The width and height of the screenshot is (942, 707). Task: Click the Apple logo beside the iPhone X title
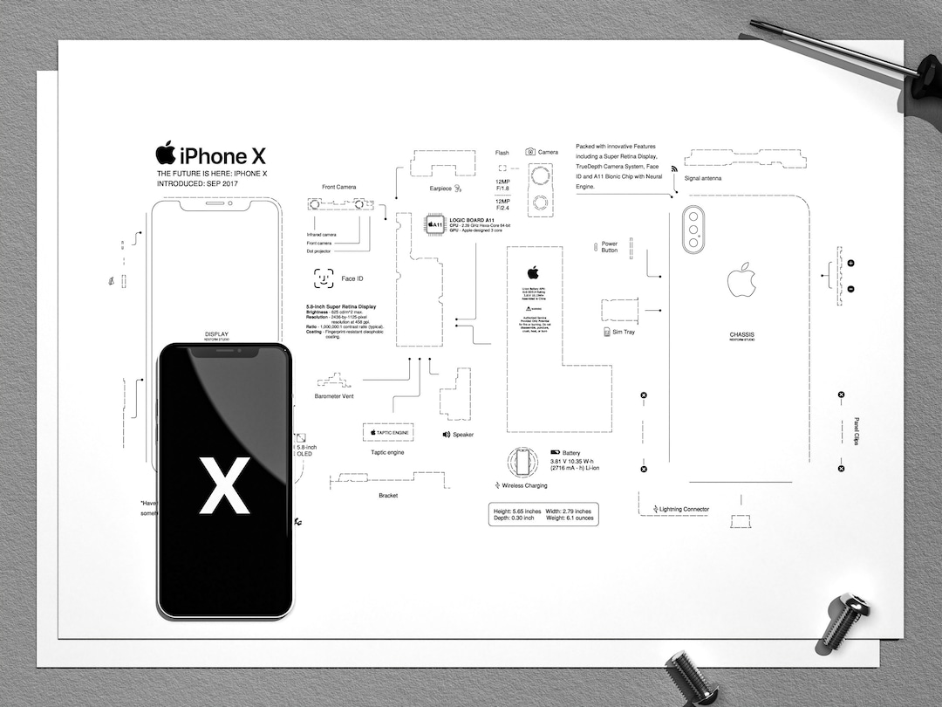coord(166,154)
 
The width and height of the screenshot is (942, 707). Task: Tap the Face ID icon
coord(324,278)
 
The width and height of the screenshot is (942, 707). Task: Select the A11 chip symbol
coord(433,224)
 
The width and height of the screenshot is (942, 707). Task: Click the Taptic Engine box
coord(387,432)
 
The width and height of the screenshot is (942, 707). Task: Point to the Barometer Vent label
coord(334,396)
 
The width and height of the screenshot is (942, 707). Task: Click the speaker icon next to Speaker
coord(446,435)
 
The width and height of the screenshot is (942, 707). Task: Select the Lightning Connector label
coord(684,509)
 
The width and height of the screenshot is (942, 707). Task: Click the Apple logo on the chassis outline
coord(741,279)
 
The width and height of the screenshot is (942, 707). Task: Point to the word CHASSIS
coord(742,334)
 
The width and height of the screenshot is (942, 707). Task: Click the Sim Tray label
coord(623,332)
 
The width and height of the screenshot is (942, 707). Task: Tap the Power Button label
coord(610,247)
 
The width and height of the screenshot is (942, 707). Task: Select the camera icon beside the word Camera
coord(529,152)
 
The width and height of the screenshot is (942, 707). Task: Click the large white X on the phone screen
coord(224,485)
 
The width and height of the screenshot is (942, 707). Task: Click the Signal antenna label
coord(703,178)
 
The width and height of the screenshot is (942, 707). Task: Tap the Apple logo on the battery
coord(533,272)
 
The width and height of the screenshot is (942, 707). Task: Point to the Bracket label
coord(388,495)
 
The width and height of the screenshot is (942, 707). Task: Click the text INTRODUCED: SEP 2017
coord(196,184)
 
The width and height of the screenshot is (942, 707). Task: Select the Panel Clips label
coord(856,431)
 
